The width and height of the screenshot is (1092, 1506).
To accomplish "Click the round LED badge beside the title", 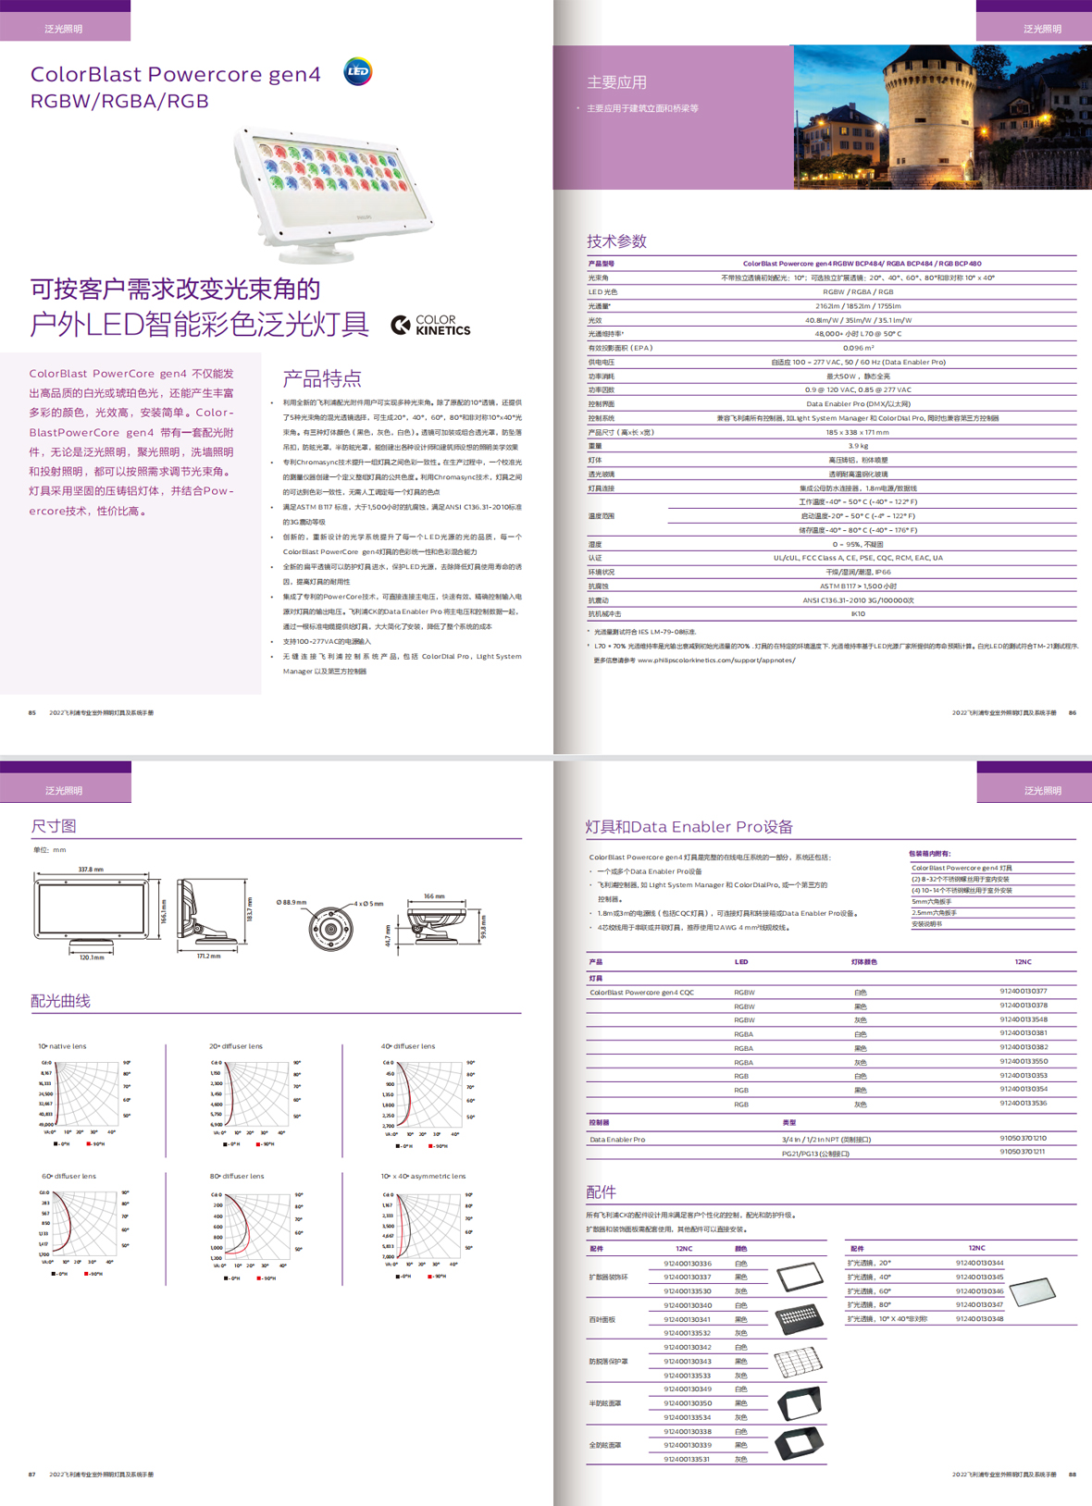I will point(358,71).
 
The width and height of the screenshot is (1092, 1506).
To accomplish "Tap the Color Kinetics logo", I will point(430,325).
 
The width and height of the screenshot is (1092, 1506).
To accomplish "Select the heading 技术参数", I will point(616,241).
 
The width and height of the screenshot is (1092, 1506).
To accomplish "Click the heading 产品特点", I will point(321,378).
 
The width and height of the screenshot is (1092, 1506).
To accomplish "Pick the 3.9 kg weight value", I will point(858,446).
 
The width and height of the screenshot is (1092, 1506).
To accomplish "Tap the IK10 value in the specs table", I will point(858,613).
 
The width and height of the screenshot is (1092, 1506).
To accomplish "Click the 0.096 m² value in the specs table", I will point(858,348).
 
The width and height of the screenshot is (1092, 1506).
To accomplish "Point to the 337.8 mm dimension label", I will point(91,870).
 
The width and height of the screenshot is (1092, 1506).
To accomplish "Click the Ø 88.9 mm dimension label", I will point(291,902).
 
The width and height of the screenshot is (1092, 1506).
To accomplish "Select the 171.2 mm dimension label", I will point(208,956).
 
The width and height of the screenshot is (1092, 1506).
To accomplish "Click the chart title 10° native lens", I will point(63,1046).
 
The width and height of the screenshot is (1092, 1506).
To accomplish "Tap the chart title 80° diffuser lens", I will point(237,1176).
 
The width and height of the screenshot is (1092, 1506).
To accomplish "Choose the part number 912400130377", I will point(1023,991).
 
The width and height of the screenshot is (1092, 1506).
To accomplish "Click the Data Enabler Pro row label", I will point(617,1140).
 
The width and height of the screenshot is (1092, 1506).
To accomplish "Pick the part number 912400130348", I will point(979,1318).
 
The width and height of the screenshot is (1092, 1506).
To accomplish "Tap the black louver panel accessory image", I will point(799,1318).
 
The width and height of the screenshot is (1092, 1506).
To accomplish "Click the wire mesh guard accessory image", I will point(797,1362).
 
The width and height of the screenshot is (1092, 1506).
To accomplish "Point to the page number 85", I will point(32,712).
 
